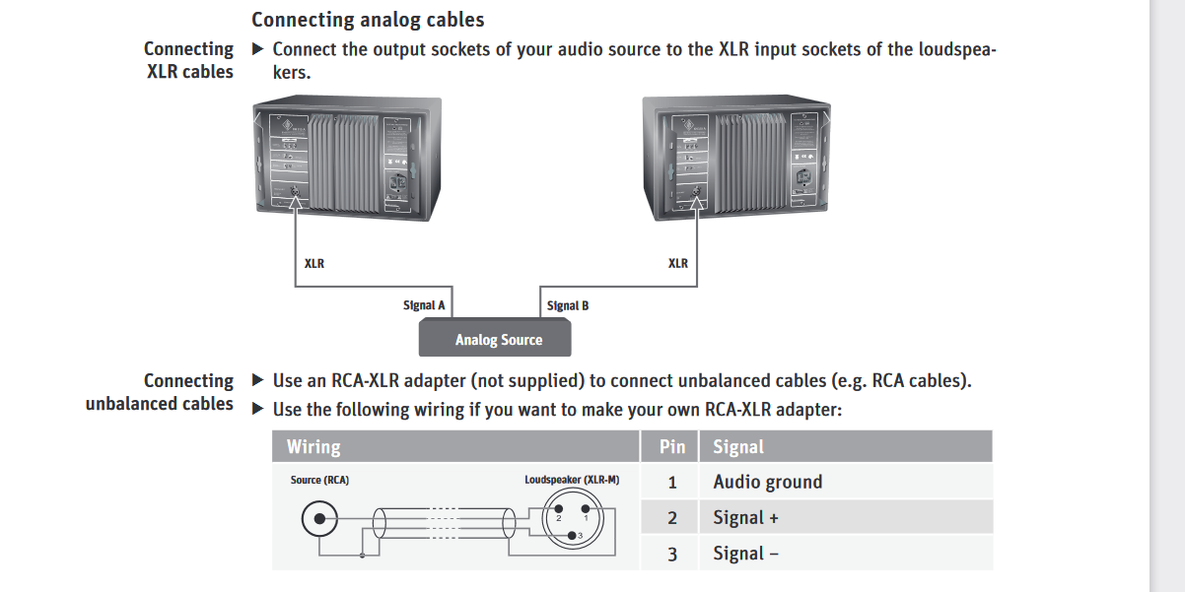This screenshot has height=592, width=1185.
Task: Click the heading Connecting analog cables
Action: (x=368, y=20)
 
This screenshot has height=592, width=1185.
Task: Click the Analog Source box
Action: (x=498, y=340)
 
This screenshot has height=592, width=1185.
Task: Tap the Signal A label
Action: (x=424, y=305)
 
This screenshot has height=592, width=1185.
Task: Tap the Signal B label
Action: (x=568, y=305)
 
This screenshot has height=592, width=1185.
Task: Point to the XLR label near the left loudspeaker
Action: (x=314, y=263)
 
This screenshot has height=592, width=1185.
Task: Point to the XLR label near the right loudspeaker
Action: (x=678, y=263)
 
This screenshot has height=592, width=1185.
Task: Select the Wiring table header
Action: (x=314, y=446)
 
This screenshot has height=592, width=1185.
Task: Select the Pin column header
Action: (x=672, y=446)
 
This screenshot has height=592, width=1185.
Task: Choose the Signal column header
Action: (x=738, y=446)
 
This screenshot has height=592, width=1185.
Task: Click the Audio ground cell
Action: (x=767, y=482)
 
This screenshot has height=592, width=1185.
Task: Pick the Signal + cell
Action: (x=746, y=518)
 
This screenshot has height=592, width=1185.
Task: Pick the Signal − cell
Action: (x=746, y=554)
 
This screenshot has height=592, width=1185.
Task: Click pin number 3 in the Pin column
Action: (x=672, y=554)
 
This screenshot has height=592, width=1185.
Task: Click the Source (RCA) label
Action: (x=319, y=480)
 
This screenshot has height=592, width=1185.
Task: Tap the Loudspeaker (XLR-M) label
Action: (x=572, y=480)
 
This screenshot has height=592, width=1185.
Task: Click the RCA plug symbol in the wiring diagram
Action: (x=320, y=518)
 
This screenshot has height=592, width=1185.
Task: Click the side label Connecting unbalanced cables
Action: (x=160, y=392)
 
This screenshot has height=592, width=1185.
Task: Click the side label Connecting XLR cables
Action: (x=189, y=60)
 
